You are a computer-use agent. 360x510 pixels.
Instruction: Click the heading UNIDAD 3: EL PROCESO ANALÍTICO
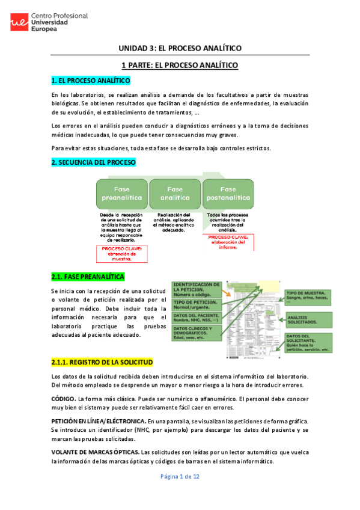(x=180, y=48)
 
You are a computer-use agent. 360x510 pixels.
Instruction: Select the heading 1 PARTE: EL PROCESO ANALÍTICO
(x=180, y=65)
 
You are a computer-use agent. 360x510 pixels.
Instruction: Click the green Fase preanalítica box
(x=121, y=193)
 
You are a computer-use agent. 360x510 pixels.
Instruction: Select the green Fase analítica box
(x=175, y=193)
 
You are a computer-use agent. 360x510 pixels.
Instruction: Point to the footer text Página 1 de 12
(x=180, y=493)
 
